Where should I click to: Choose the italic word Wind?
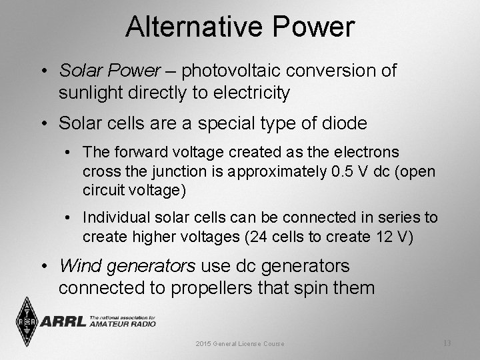click(77, 266)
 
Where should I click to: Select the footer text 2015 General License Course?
click(239, 343)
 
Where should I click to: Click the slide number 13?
click(447, 343)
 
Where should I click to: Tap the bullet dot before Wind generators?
click(43, 267)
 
